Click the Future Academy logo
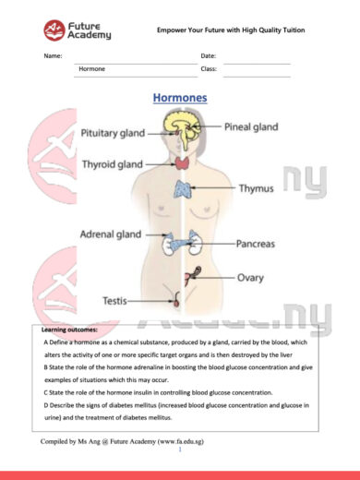(x=77, y=30)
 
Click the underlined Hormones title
(x=179, y=97)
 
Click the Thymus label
(x=257, y=189)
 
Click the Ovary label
(x=251, y=277)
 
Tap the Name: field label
(x=53, y=56)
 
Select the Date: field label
(x=209, y=56)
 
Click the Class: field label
(x=209, y=69)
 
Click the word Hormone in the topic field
(x=92, y=69)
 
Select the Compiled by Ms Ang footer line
(x=122, y=442)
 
